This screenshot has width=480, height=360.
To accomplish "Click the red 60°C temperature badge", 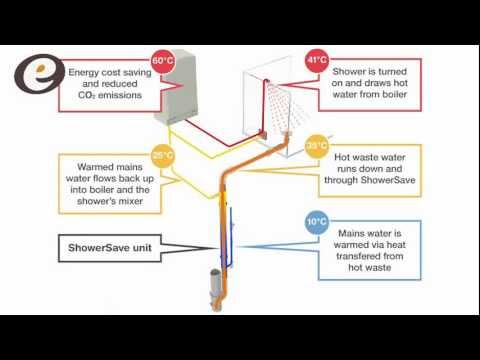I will point(163,60).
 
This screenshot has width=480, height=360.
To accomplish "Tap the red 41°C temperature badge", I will point(317,60).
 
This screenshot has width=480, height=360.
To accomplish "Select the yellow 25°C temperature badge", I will point(161,154).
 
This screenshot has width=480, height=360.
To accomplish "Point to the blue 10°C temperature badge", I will point(315,220).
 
